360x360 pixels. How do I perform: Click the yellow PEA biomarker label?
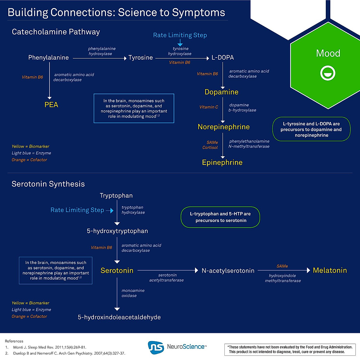coord(51,105)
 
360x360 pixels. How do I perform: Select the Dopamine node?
coord(221,92)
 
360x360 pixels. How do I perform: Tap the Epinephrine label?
coord(222,163)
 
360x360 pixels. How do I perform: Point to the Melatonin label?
coord(330,270)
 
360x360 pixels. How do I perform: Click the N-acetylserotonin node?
coord(228,271)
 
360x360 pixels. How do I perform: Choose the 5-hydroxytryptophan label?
coord(117,231)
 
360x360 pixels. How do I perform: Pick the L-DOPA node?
coord(223,58)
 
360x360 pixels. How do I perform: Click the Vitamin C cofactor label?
coord(209,107)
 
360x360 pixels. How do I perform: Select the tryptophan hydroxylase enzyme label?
coord(133,210)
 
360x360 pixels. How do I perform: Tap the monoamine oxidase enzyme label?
coord(133,293)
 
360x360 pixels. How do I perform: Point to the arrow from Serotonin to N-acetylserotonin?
coord(167,270)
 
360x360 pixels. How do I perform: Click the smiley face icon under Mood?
coord(328,73)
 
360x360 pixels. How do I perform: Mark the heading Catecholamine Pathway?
coord(56,32)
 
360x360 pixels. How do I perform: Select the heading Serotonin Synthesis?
coord(48,184)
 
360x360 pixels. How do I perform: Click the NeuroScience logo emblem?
coord(156,347)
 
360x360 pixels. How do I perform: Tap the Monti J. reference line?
coord(49,347)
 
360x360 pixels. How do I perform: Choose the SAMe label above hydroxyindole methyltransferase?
coord(282,266)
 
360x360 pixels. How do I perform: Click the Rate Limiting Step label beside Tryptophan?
coord(77,210)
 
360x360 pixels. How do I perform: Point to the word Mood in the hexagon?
coord(328,53)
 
